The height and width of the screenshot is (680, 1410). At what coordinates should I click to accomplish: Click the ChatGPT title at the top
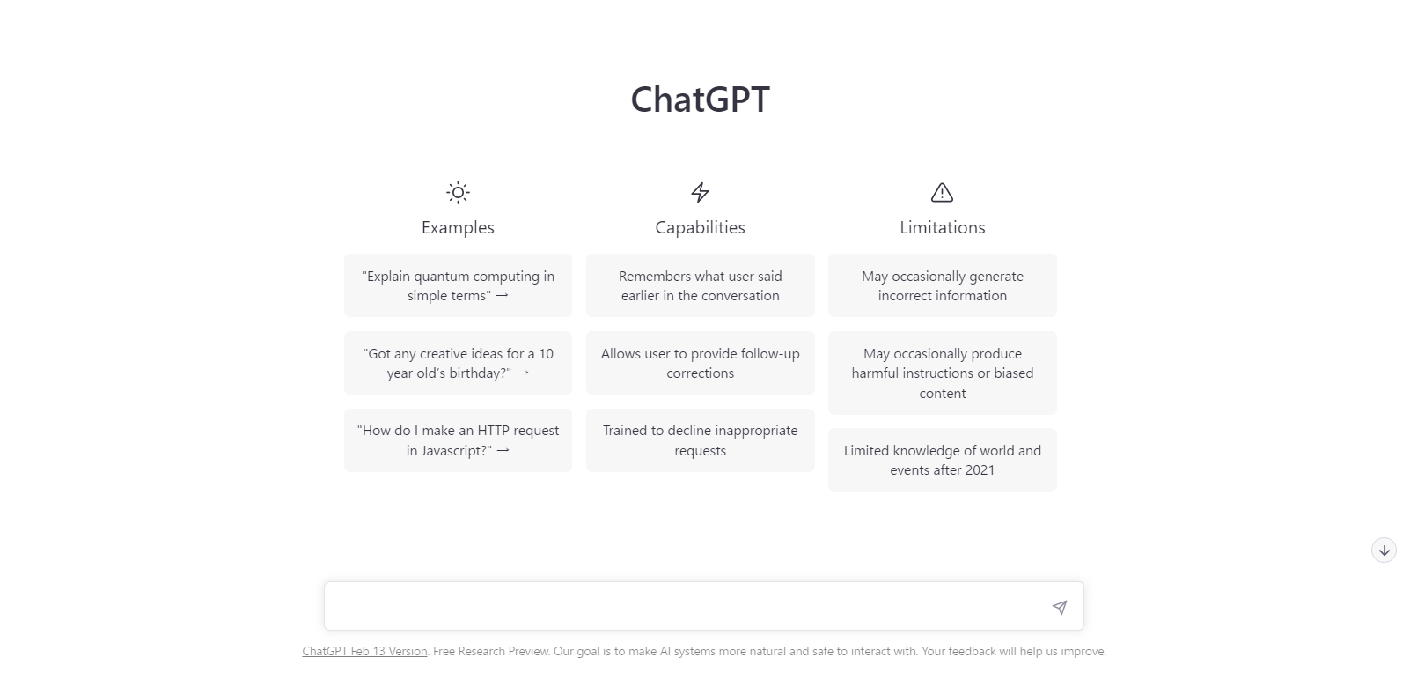700,100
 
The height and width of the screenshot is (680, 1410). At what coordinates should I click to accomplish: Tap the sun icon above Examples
458,192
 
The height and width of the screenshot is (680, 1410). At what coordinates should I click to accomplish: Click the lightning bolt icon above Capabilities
700,192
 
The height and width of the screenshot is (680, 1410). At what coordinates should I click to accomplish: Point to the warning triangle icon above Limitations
942,192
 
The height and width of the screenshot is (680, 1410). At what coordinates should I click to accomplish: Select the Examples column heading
458,227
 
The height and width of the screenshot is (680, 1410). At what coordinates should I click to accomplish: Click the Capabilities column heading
700,227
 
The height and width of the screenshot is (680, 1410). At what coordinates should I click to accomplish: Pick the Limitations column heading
943,227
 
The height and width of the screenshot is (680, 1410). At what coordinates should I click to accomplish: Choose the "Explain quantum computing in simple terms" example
458,285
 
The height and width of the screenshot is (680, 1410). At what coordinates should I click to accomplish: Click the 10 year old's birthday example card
458,363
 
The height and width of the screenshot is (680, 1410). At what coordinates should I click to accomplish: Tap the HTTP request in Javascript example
458,440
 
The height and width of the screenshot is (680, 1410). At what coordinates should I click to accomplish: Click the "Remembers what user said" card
700,285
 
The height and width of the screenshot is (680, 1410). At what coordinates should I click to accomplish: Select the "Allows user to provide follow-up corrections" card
700,363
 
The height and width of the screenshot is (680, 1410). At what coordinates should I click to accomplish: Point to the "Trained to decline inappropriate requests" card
700,440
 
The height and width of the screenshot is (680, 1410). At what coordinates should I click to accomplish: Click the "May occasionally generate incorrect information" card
943,285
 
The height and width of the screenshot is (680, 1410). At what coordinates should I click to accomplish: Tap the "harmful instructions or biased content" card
943,373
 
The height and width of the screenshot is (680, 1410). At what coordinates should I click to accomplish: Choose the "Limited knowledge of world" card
943,460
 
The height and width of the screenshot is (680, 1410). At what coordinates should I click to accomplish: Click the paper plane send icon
1060,607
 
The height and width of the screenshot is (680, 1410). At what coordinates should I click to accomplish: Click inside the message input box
687,606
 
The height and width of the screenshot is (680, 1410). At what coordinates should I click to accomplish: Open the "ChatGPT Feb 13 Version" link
364,651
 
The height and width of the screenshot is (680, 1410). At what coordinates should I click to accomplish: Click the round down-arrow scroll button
1384,551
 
